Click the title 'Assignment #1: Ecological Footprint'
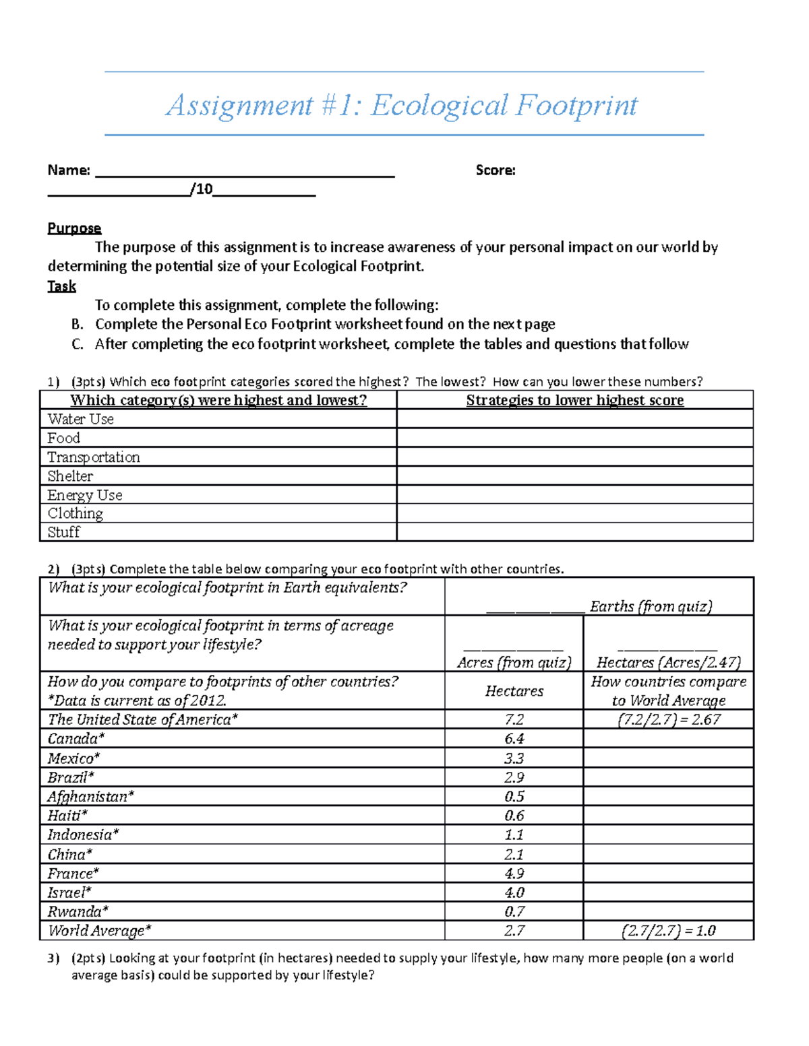click(402, 105)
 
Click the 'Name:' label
click(68, 170)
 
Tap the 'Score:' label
click(496, 170)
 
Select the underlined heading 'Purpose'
click(74, 228)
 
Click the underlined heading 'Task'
click(61, 286)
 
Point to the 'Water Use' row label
click(80, 419)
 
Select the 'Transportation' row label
click(94, 457)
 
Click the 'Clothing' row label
click(75, 513)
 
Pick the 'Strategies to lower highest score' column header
click(574, 400)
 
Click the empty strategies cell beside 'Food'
click(574, 438)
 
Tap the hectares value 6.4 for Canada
click(514, 739)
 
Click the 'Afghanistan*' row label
click(90, 797)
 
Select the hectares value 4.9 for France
click(514, 874)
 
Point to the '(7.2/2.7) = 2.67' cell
click(668, 719)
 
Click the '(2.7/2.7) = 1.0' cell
click(668, 931)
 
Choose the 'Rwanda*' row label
click(78, 912)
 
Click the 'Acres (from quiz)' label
click(514, 663)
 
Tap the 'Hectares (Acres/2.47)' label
click(668, 663)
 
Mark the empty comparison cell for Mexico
click(668, 758)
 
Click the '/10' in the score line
click(202, 189)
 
